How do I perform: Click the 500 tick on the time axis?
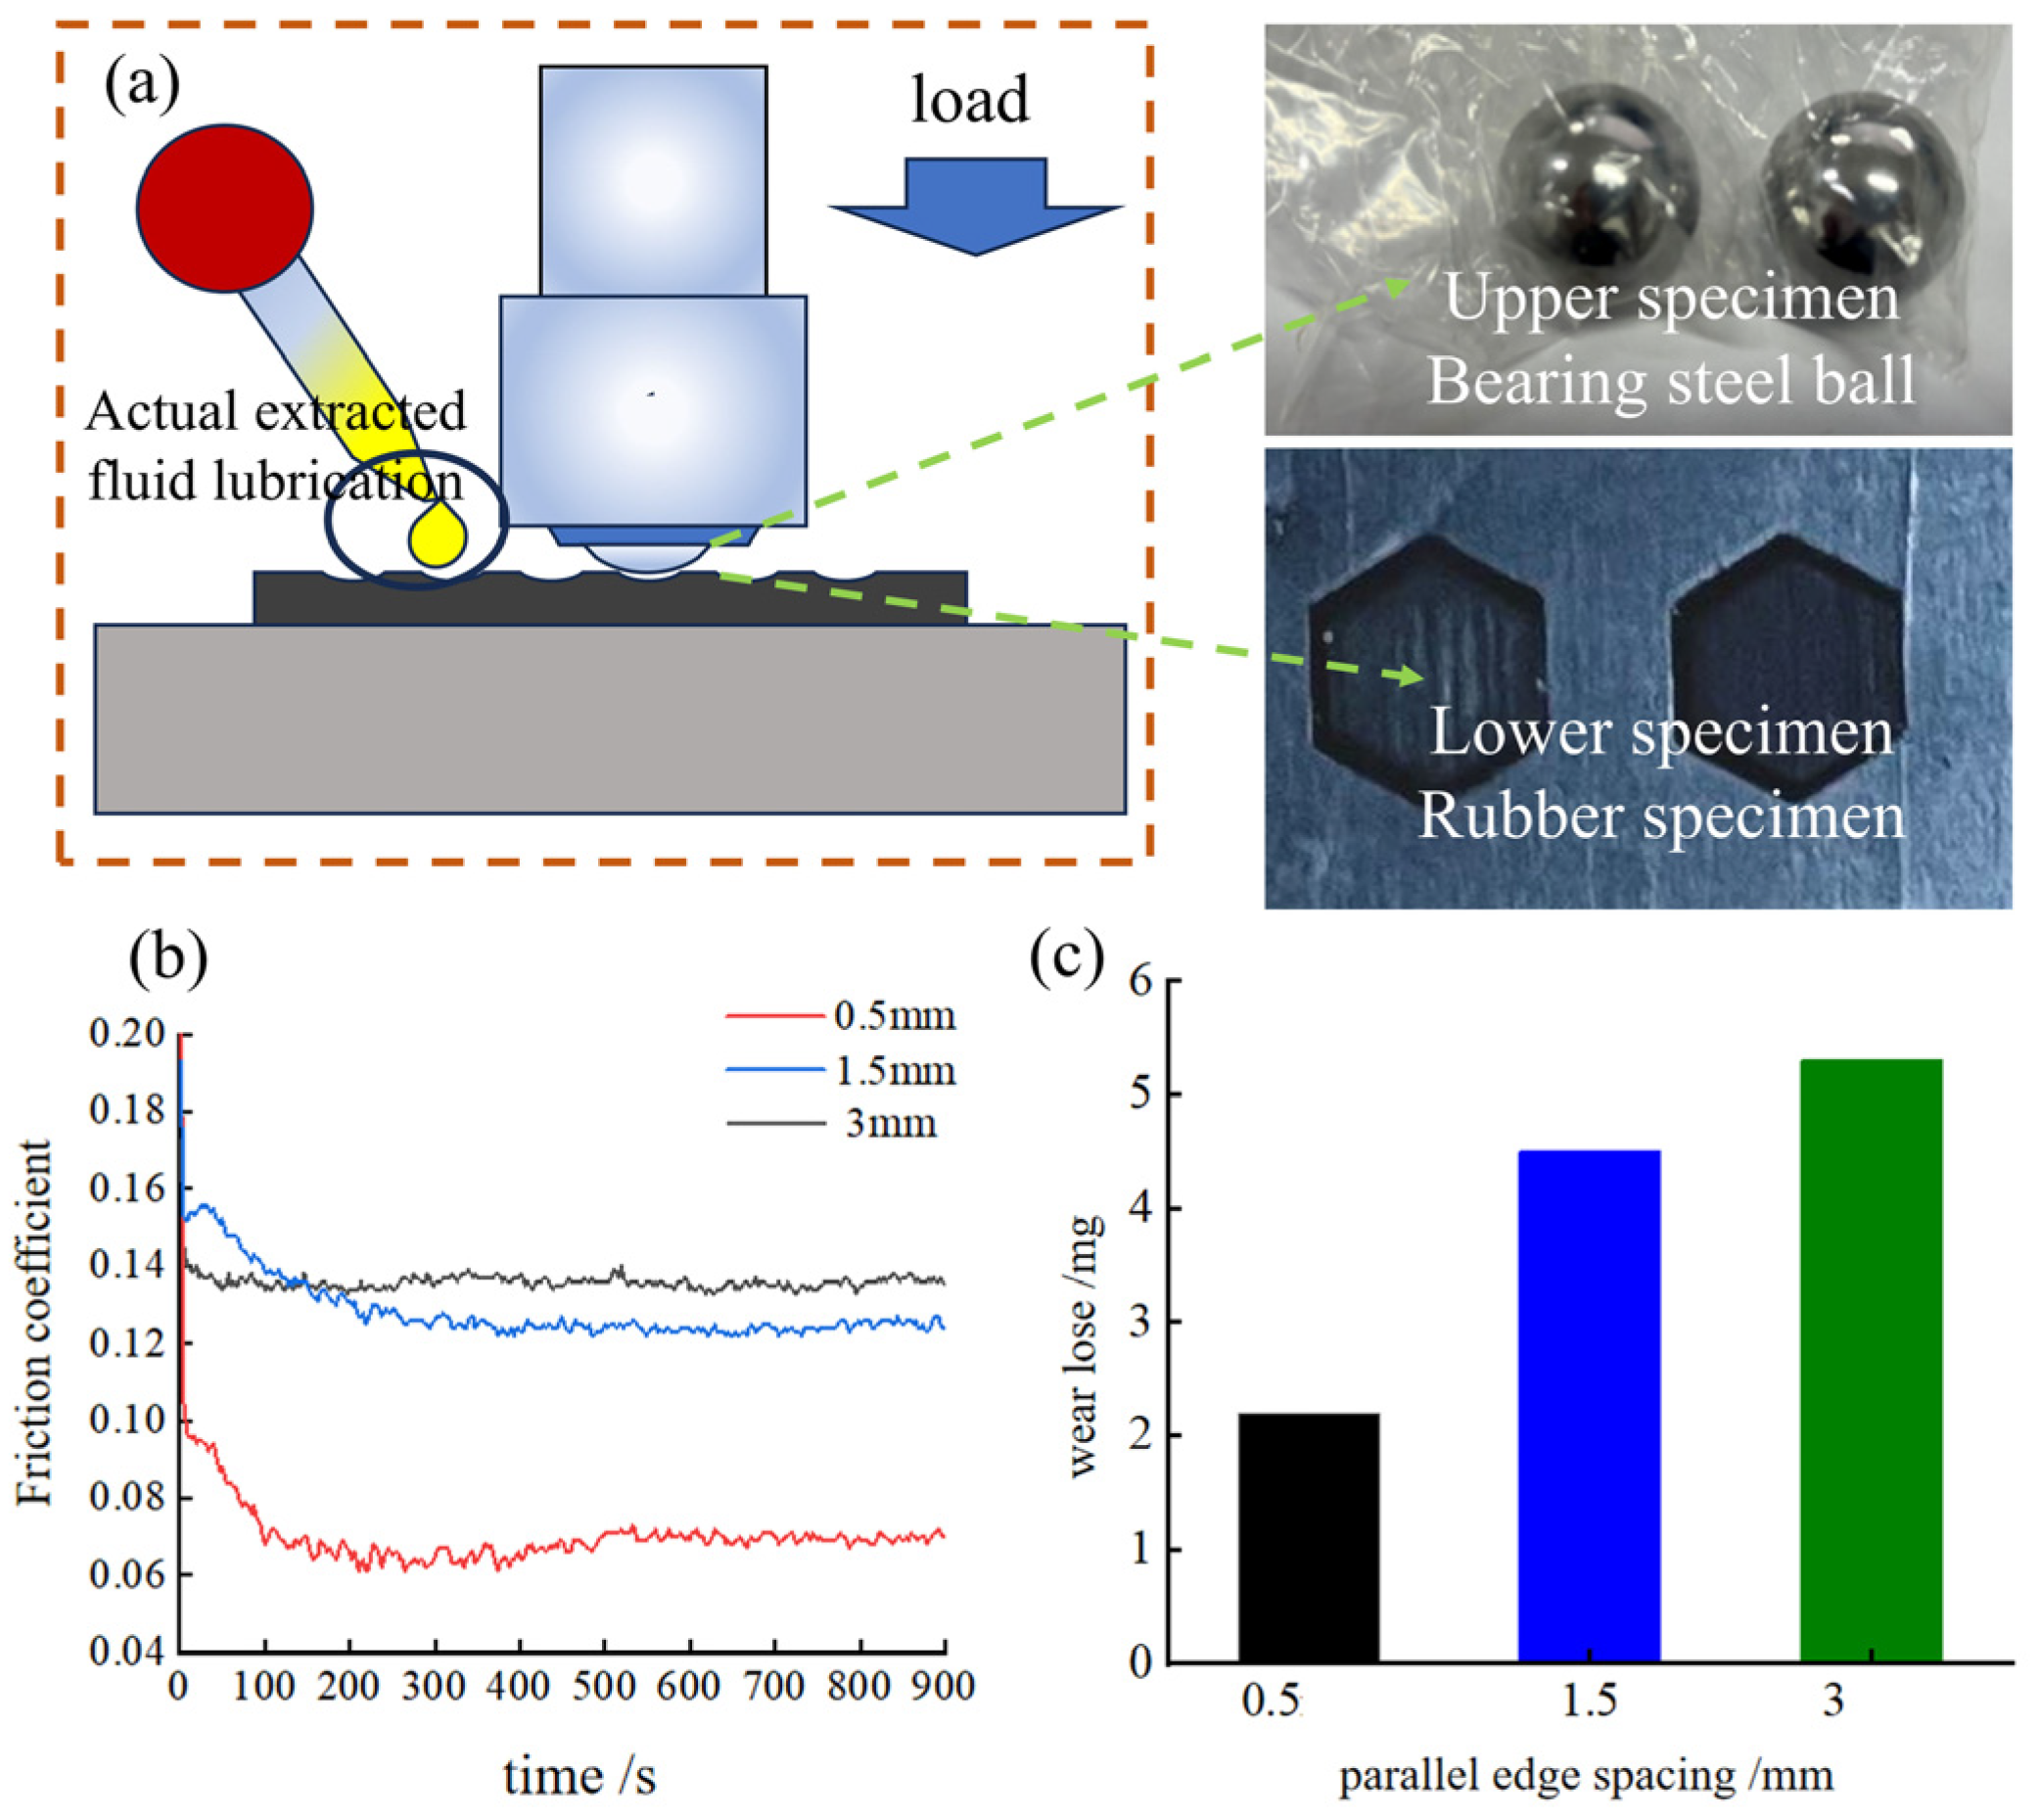[604, 1686]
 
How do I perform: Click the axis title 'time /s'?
[580, 1776]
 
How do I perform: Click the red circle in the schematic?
[225, 208]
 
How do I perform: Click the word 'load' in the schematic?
[969, 100]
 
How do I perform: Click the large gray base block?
[610, 719]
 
